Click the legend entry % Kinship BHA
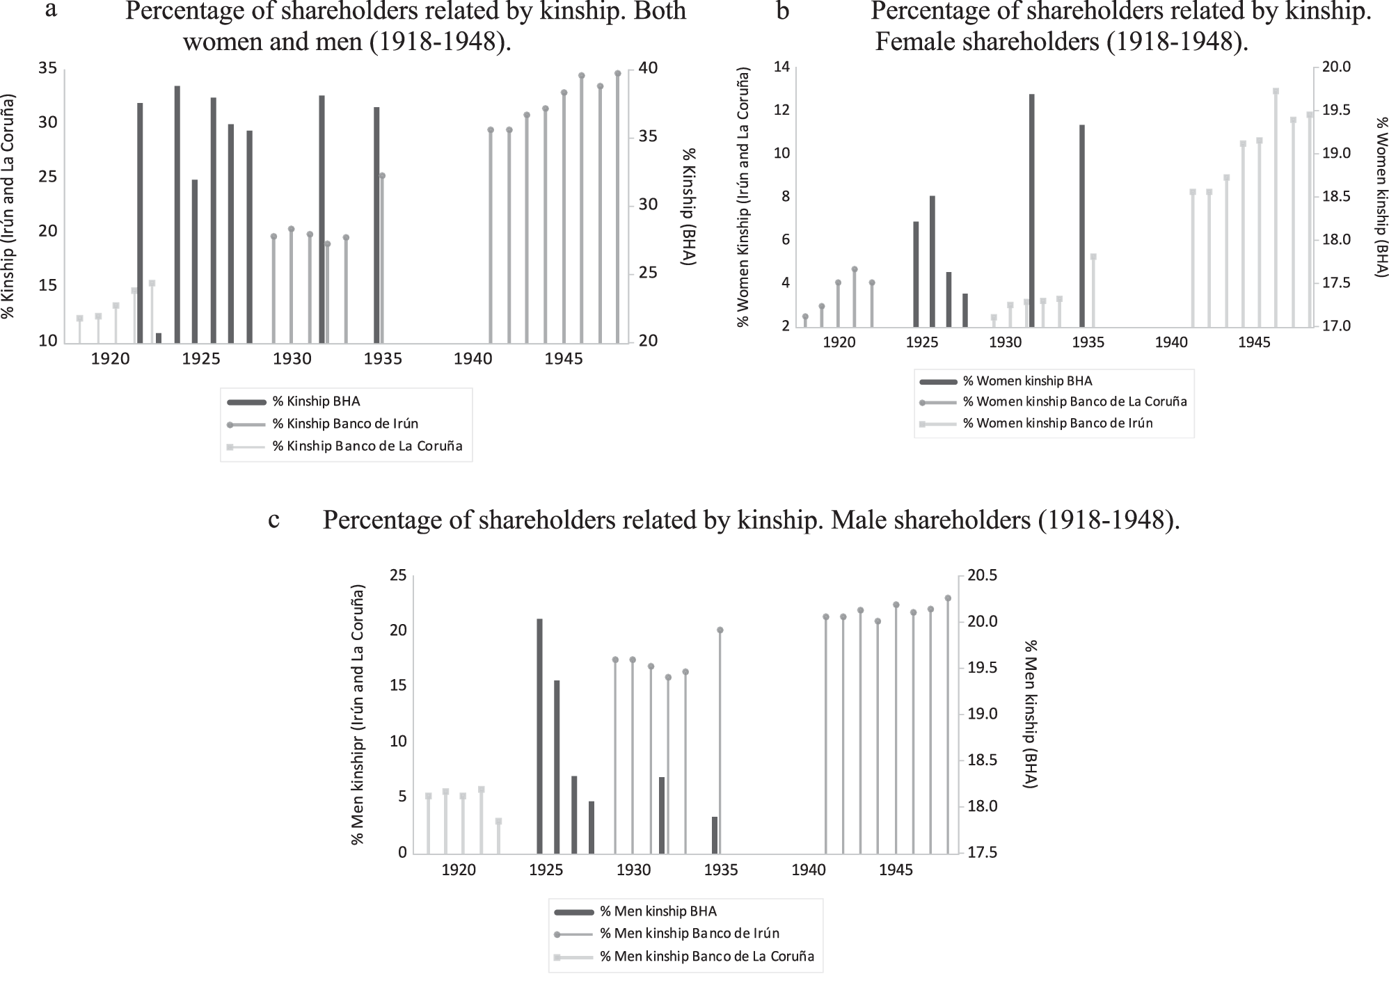316,401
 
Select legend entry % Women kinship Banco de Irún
1057,423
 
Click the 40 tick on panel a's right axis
647,68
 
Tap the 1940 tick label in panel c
808,870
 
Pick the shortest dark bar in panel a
159,338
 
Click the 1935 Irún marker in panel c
720,630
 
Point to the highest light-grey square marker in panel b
1276,91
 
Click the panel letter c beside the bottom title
274,520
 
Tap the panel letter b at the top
783,11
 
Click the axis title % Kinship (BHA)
689,207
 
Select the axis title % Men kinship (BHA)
1031,714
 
